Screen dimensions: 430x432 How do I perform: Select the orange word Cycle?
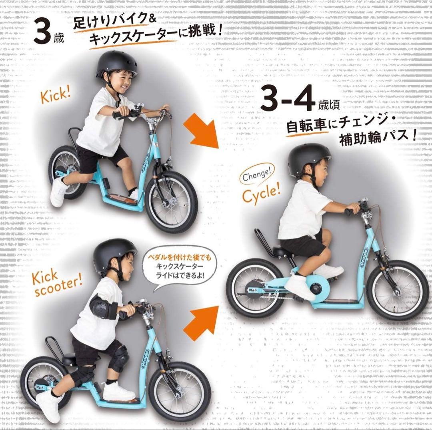click(261, 193)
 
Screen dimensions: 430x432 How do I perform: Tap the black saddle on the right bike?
click(282, 252)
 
